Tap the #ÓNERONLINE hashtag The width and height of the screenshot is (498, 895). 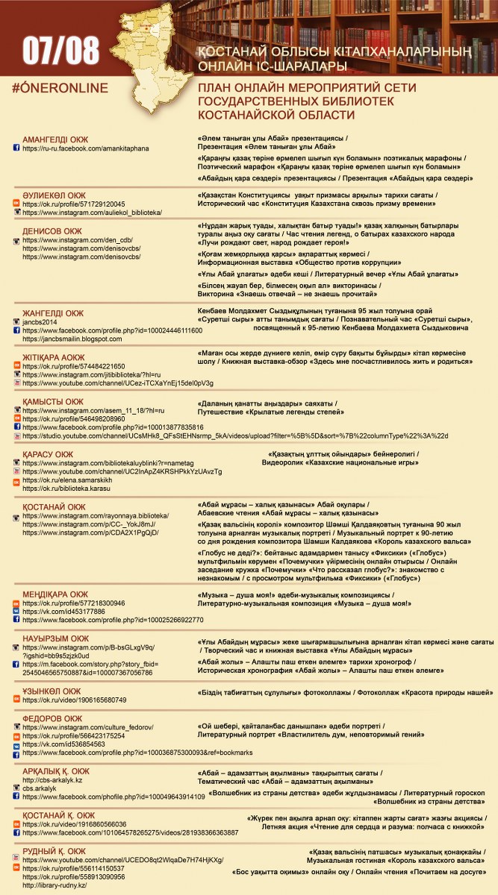[x=60, y=88]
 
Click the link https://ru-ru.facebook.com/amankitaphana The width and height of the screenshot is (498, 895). [x=85, y=148]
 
